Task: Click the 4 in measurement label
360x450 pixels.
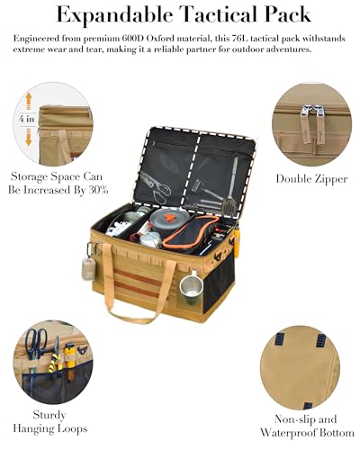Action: point(27,118)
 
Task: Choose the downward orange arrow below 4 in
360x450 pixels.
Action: point(27,137)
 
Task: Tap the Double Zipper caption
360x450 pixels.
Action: point(310,178)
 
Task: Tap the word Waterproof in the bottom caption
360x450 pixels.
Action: point(311,433)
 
